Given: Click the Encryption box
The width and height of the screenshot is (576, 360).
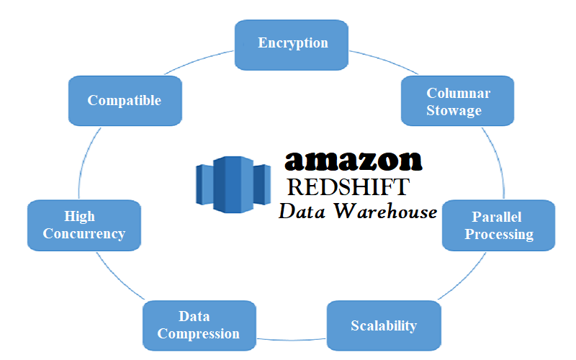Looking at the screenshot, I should point(292,45).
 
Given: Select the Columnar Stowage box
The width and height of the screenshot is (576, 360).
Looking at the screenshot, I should point(458,102).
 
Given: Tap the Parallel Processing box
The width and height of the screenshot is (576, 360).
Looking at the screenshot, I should point(498,225).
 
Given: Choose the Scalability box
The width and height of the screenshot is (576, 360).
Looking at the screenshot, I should point(383,325).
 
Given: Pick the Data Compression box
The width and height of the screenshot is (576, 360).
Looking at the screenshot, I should point(198,325).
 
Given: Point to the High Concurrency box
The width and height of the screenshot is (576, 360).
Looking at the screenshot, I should point(84,225).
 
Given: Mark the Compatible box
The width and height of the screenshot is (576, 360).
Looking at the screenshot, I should point(124,101).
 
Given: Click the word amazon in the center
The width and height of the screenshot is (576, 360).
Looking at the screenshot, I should point(353,159).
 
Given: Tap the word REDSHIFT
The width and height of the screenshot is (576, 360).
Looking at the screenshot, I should point(348,187).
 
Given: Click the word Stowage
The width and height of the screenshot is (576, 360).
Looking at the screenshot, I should point(454,110).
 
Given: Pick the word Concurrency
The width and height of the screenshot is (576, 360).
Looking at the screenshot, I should point(84,233).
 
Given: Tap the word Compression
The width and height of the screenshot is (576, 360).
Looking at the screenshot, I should point(198,333).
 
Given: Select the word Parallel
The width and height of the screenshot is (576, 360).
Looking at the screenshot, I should point(497,217).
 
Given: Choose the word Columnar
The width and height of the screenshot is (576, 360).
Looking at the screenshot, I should point(459,93).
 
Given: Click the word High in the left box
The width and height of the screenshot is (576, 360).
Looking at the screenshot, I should point(79,216).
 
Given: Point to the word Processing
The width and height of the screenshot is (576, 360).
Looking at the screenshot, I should point(499,234).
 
